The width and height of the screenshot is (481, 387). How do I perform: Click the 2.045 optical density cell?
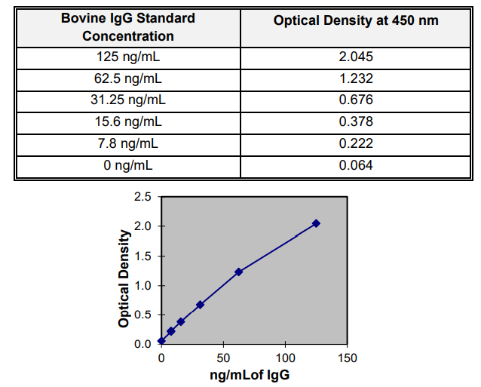pos(356,57)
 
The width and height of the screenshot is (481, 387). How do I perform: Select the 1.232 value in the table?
pos(356,78)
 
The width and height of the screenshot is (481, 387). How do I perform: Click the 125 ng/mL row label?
pos(128,57)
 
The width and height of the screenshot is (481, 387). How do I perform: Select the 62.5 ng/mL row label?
pos(128,78)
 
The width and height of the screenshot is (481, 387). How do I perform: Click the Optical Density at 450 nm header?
pos(356,21)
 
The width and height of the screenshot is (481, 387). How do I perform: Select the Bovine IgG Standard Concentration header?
pos(128,27)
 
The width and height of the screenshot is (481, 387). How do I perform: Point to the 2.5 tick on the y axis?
pos(143,197)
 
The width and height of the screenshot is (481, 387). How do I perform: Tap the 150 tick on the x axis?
pos(348,357)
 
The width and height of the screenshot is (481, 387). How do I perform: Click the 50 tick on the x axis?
pos(223,357)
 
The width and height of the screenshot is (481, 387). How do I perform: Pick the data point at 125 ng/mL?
pos(316,223)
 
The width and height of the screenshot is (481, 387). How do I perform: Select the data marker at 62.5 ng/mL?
pos(239,272)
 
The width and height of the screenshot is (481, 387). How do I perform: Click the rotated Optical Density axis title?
pos(124,278)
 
